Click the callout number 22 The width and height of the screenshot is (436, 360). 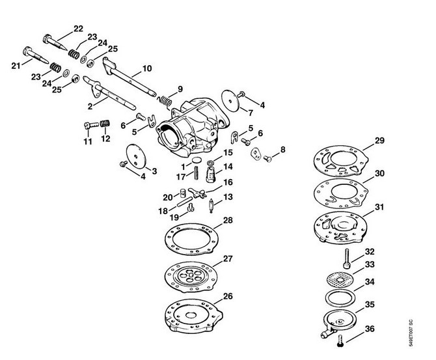78,29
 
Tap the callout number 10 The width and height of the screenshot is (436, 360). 147,68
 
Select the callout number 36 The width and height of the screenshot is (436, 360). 370,329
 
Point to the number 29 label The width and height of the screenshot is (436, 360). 379,141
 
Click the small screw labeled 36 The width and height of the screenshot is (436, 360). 340,340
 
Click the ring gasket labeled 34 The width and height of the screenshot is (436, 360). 340,298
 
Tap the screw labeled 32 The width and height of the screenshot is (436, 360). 346,258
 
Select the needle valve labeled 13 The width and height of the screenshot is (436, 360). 211,205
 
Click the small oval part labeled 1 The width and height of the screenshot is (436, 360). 197,161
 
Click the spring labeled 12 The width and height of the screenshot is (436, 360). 105,123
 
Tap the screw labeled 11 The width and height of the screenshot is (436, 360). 91,125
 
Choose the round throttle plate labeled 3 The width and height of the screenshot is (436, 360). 136,156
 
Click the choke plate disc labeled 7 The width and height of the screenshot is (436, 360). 230,101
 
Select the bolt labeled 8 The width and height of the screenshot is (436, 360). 267,159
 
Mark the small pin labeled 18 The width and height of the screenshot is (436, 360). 184,202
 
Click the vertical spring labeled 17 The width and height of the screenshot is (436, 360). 197,173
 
